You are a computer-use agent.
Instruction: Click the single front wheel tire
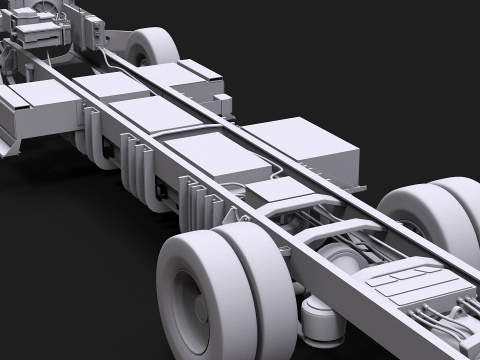[x=151, y=50]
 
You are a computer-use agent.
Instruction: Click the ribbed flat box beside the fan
[x=40, y=36]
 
